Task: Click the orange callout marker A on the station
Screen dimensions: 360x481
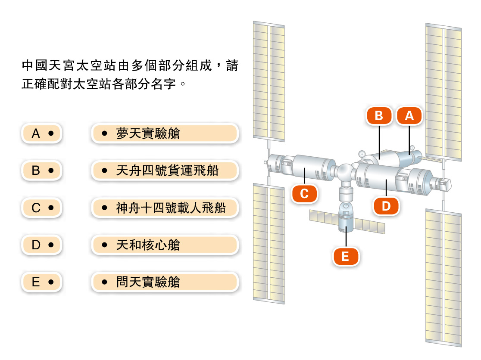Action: click(409, 115)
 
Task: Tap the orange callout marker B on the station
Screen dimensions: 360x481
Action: click(379, 115)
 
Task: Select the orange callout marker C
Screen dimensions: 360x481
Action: click(304, 194)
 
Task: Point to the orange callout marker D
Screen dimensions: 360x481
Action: click(386, 206)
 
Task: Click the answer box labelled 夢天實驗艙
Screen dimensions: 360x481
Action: click(165, 133)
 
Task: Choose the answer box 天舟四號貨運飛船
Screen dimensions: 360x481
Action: click(165, 171)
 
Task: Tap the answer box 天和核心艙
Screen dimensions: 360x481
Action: click(165, 245)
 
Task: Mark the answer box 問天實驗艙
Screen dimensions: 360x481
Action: click(165, 282)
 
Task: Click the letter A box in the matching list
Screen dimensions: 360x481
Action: click(42, 133)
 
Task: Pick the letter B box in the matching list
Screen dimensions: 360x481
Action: click(42, 171)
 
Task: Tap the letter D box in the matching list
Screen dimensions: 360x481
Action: click(42, 245)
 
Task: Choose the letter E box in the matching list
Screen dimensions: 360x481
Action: click(42, 282)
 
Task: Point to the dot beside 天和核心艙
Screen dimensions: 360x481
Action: click(104, 245)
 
